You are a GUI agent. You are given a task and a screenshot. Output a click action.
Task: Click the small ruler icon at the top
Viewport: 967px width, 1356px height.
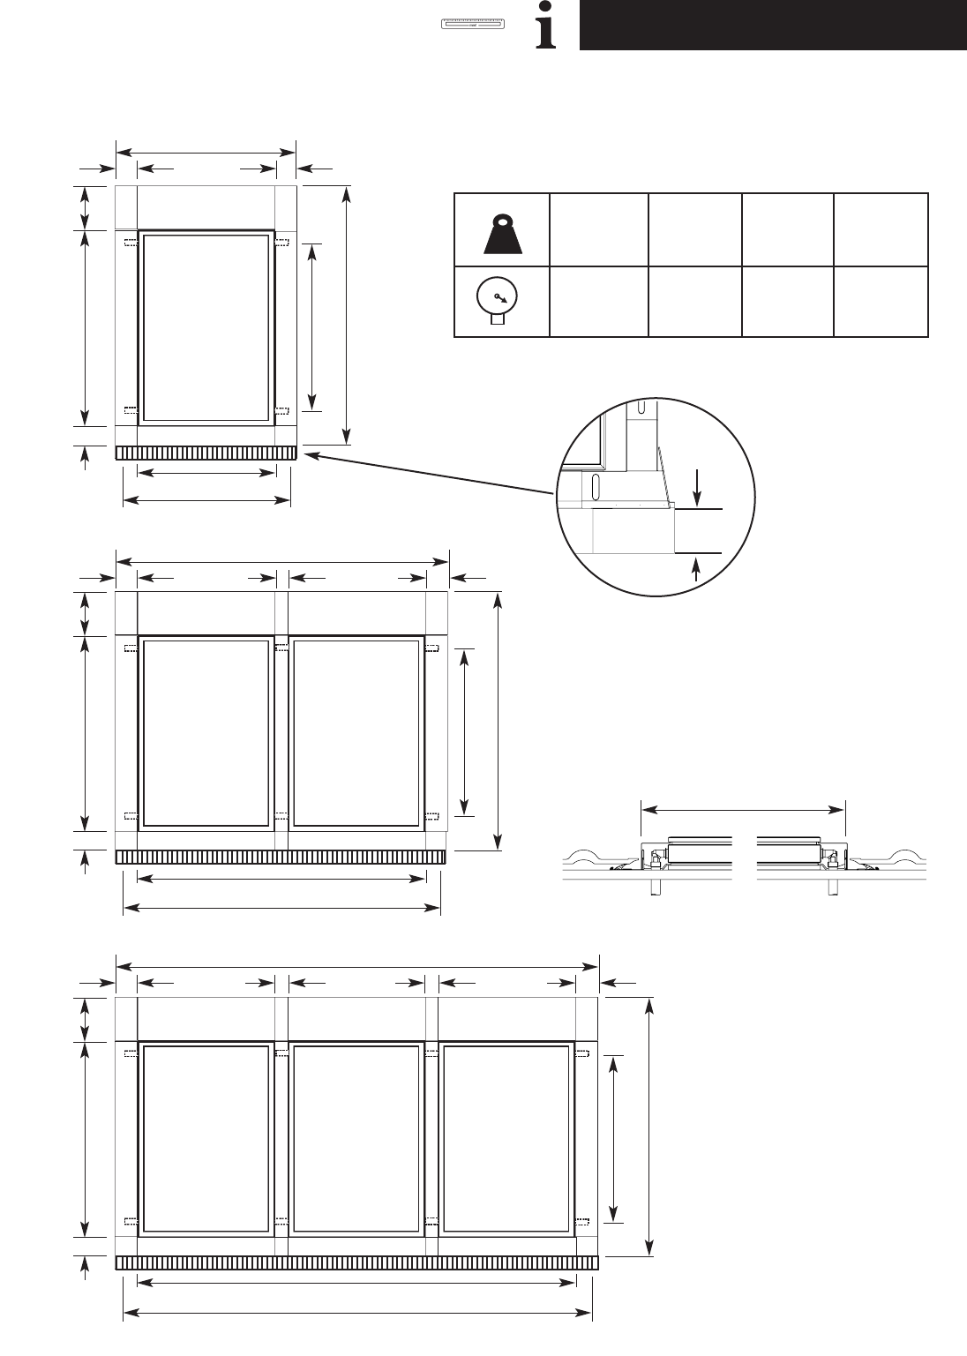(x=473, y=24)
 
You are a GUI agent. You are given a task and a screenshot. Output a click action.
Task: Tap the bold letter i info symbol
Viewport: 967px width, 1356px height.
(x=548, y=32)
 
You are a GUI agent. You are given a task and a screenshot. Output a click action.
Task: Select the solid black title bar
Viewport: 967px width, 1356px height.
(x=772, y=25)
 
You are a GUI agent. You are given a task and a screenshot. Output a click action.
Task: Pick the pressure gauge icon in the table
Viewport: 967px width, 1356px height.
(x=500, y=302)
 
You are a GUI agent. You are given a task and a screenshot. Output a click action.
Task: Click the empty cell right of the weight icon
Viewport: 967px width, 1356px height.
(x=598, y=229)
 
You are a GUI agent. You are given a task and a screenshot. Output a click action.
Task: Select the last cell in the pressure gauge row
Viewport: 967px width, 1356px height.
(x=881, y=302)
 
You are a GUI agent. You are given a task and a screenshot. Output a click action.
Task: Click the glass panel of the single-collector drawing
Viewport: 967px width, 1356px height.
(x=206, y=327)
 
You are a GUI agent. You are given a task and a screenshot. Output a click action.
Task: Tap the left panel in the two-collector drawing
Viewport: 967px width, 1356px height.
(x=206, y=732)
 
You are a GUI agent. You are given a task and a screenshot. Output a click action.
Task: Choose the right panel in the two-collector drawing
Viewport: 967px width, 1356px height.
(x=356, y=732)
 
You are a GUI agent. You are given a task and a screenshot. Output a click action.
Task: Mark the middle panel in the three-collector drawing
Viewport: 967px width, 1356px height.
(x=356, y=1138)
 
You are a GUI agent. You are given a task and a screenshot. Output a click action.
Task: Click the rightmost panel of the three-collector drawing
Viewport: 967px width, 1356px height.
(x=506, y=1138)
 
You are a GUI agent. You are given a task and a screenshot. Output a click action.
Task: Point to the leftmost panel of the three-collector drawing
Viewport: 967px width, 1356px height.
(x=206, y=1138)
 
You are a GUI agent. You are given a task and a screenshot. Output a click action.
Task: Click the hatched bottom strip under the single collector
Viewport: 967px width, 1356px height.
(x=206, y=453)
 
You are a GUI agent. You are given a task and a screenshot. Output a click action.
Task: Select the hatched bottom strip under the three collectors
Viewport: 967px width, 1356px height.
(x=357, y=1263)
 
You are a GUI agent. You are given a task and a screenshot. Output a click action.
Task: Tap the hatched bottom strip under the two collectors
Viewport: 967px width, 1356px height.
(x=281, y=858)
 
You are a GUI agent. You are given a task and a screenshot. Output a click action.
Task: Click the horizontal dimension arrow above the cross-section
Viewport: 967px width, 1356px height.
(x=743, y=808)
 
